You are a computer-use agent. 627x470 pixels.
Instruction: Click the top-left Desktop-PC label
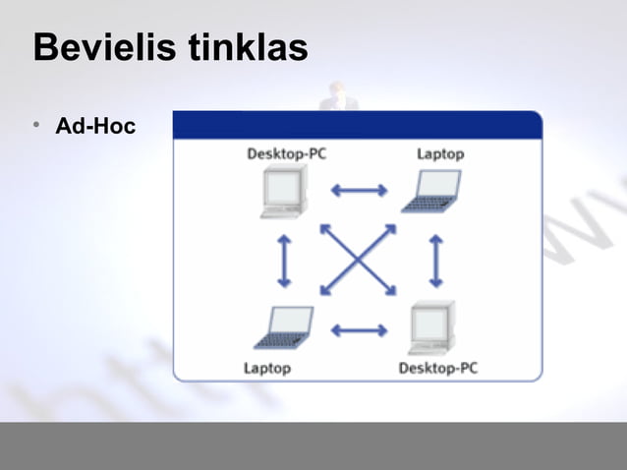click(286, 153)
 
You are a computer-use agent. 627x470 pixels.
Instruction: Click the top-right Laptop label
click(440, 153)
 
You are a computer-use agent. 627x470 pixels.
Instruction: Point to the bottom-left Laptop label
click(267, 368)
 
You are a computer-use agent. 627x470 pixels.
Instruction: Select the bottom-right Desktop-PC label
click(438, 368)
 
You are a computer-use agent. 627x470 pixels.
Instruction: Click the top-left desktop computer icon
click(284, 191)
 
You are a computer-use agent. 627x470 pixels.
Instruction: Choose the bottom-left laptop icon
click(284, 326)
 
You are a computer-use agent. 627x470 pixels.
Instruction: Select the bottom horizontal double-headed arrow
click(359, 330)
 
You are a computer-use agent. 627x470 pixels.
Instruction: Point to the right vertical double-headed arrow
click(435, 260)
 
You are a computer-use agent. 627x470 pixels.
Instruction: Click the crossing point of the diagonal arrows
click(359, 260)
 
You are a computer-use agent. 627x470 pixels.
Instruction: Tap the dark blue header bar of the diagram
click(357, 125)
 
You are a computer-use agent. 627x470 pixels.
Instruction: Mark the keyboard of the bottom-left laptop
click(278, 340)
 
